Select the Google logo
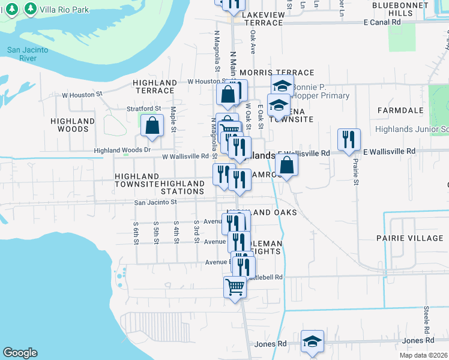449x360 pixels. (20, 353)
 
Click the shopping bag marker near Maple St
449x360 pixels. (152, 125)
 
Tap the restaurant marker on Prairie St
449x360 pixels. (349, 140)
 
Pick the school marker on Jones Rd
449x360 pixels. (312, 341)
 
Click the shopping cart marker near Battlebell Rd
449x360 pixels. (235, 287)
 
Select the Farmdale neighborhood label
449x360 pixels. (401, 111)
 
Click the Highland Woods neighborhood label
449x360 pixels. (73, 125)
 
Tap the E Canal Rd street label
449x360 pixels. (382, 22)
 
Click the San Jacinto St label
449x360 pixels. (155, 203)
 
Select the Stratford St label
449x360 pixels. (145, 109)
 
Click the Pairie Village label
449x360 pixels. (410, 238)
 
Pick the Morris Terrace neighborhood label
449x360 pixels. (268, 73)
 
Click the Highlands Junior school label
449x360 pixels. (412, 129)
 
